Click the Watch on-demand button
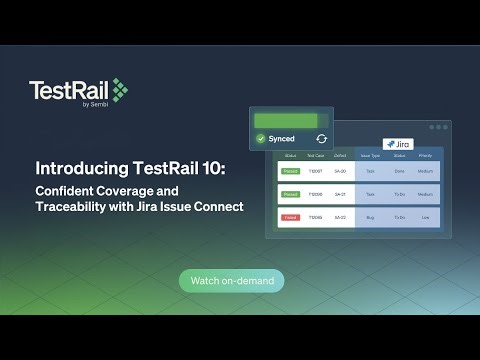click(231, 281)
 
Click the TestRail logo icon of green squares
click(120, 91)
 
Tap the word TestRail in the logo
click(69, 91)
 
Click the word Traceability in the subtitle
click(84, 207)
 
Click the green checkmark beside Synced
click(261, 139)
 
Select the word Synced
click(282, 139)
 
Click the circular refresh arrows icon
click(321, 139)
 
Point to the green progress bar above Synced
click(285, 120)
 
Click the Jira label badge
click(399, 144)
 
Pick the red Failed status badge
click(290, 217)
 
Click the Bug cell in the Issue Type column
click(370, 217)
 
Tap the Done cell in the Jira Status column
click(399, 172)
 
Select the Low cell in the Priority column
click(425, 217)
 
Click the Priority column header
click(425, 157)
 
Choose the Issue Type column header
click(370, 157)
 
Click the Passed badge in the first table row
click(290, 172)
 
